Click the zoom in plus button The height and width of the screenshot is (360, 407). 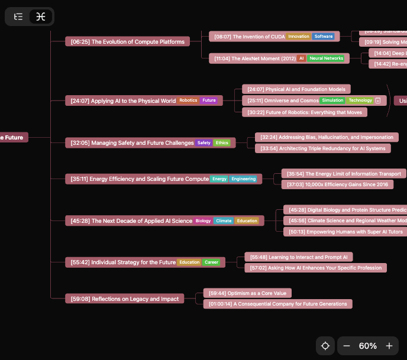389,346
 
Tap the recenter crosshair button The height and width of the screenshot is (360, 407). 325,346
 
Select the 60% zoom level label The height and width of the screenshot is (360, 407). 368,346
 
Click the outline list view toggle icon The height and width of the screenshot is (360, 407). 18,17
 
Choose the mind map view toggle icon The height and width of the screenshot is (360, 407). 40,17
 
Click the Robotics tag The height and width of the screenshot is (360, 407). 188,100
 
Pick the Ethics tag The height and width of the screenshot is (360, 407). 222,143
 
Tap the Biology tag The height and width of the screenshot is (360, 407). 203,221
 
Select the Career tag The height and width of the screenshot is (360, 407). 211,262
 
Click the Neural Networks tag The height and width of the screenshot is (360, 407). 326,59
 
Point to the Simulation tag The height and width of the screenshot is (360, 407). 332,100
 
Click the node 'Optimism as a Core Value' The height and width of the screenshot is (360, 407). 247,293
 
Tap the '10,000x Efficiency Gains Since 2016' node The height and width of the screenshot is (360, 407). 337,184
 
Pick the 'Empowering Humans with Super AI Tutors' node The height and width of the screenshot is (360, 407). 345,232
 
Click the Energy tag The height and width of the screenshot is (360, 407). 219,179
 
